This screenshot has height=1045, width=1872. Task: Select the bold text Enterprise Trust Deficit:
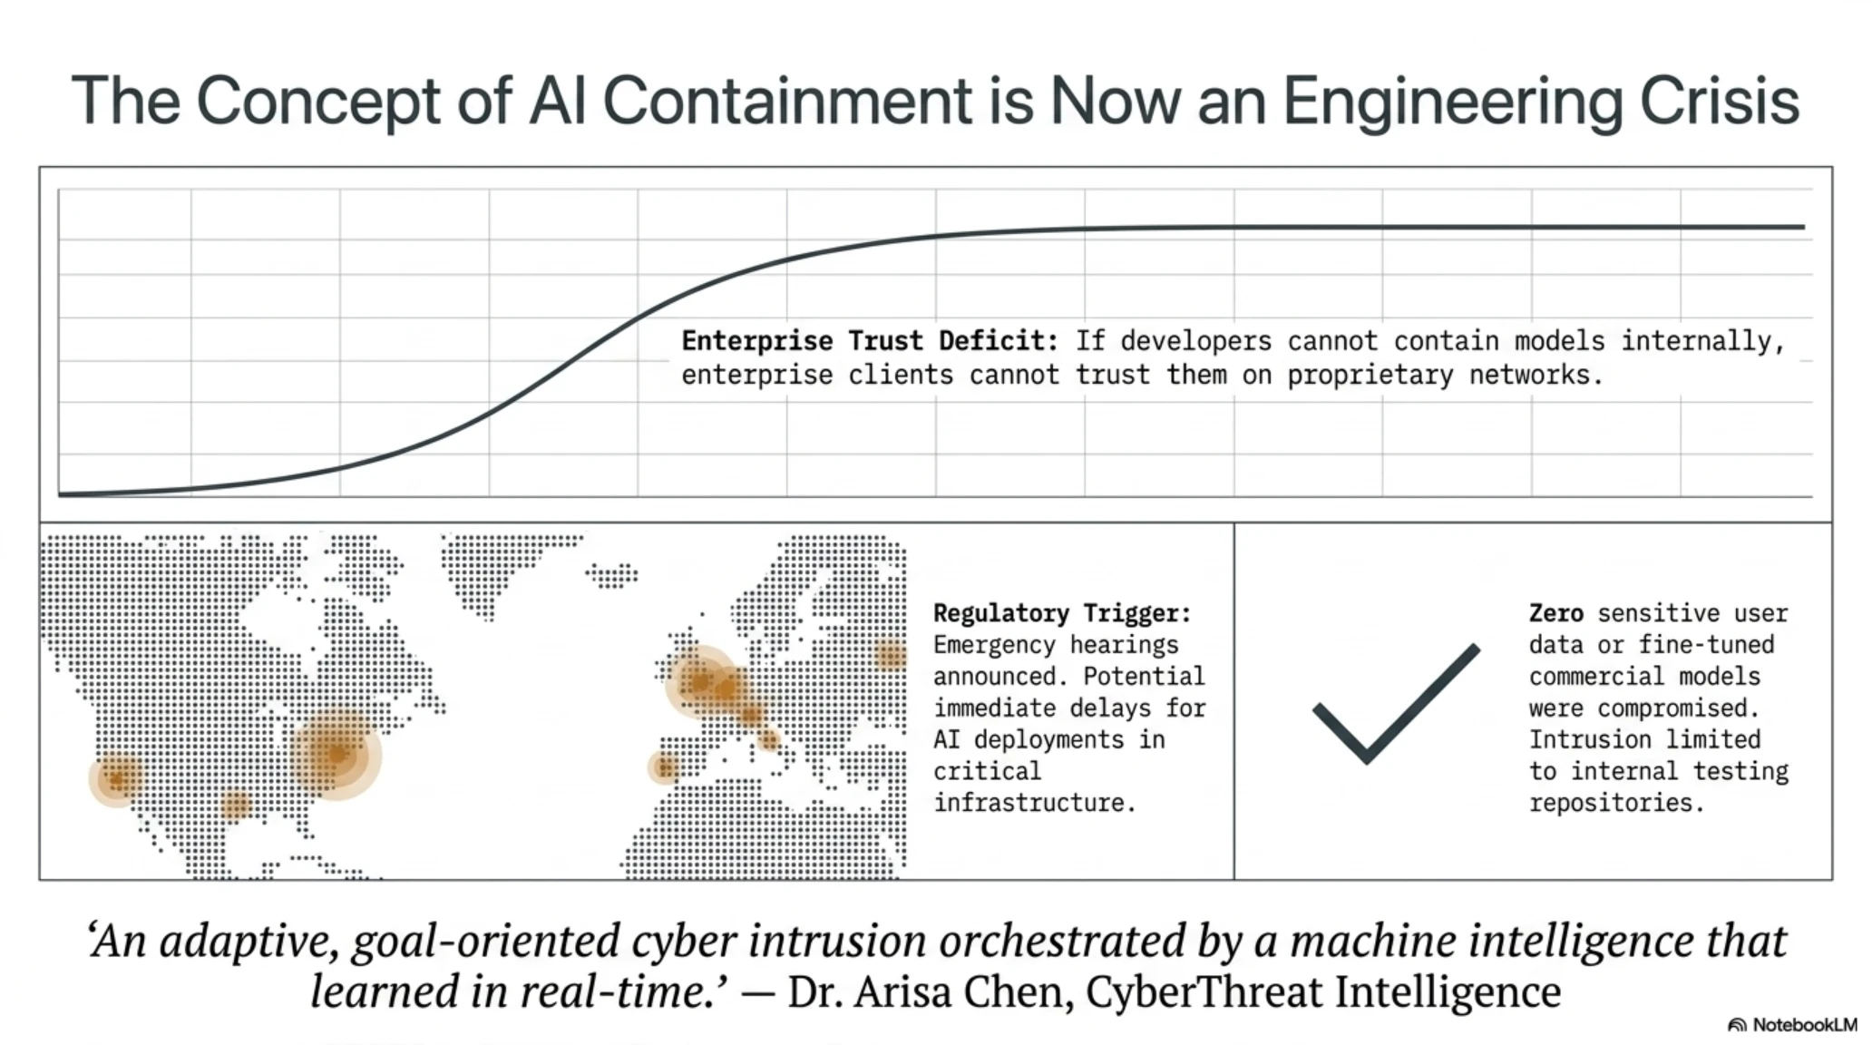point(870,341)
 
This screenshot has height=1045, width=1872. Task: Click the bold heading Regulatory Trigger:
point(1062,614)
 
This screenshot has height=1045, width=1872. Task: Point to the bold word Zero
point(1556,613)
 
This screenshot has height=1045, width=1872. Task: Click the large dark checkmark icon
point(1397,704)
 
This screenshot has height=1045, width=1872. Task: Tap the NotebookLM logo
point(1792,1025)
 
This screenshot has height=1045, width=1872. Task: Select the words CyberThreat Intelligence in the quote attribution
point(1323,992)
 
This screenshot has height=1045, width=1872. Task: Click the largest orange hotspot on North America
point(336,755)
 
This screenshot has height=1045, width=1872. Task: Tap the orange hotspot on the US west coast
point(117,778)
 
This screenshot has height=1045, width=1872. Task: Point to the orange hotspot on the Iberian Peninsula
point(664,768)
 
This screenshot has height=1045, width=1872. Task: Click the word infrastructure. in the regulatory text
point(1035,803)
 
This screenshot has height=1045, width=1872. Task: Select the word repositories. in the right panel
point(1617,803)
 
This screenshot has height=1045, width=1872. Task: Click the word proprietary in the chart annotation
point(1370,376)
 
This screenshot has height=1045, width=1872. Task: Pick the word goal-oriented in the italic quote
point(484,942)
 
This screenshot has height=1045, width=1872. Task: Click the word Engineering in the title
point(1451,102)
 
